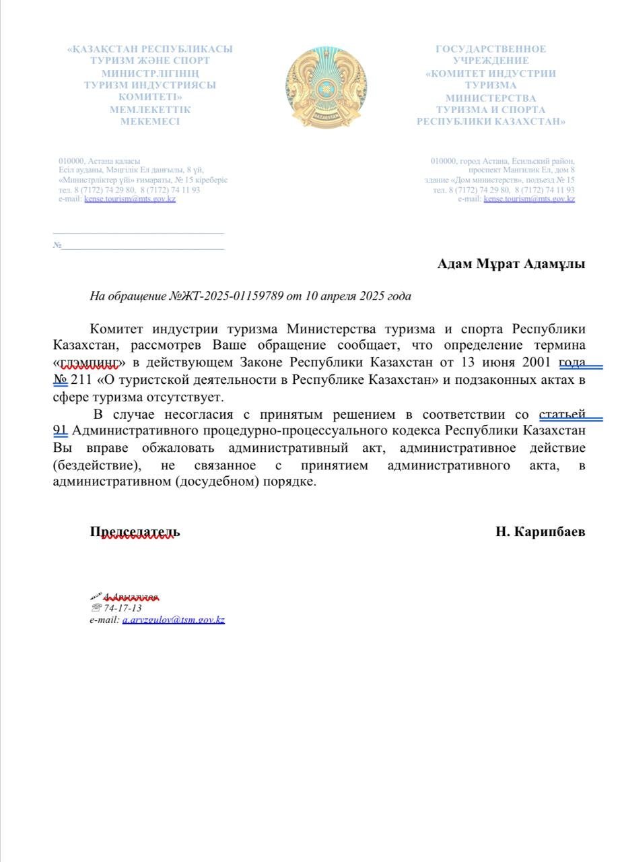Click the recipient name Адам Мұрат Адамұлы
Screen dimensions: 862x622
[511, 264]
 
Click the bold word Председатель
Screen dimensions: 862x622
[135, 532]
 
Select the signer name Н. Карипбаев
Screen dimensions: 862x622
[540, 532]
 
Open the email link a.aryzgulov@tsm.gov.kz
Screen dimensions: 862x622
[173, 620]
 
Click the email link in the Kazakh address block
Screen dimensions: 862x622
[130, 199]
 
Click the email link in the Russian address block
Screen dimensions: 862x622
[529, 199]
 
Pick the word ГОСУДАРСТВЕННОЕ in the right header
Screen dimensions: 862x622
[491, 49]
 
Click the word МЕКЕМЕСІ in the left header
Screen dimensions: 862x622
[150, 122]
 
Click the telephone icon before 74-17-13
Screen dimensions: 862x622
[95, 608]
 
